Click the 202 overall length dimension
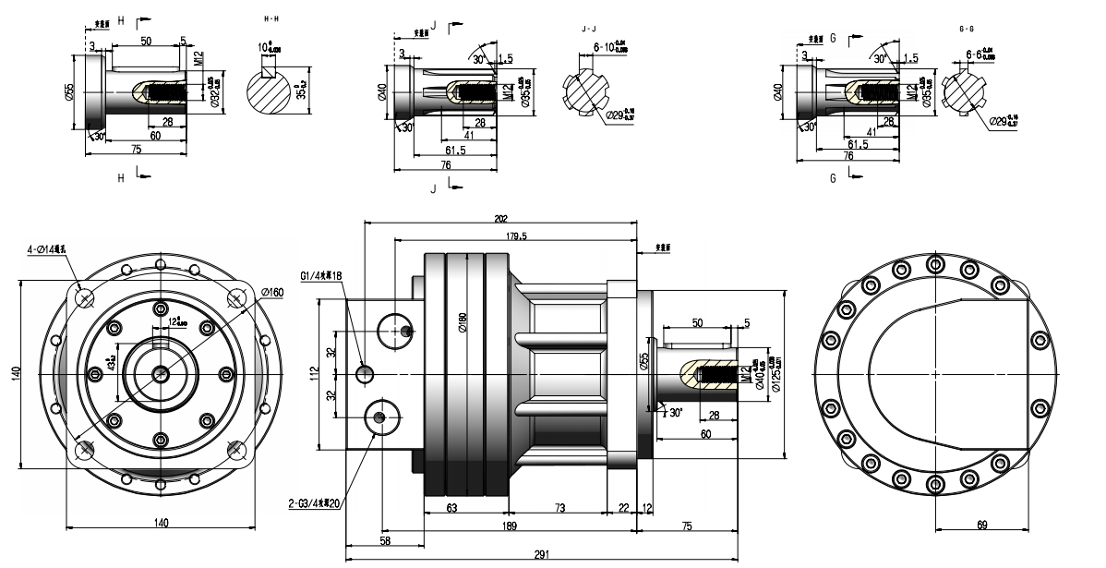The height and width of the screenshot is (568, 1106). (501, 219)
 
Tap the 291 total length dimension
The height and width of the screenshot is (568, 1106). (541, 554)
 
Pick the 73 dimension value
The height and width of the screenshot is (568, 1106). (559, 507)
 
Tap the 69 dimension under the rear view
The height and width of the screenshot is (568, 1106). (982, 525)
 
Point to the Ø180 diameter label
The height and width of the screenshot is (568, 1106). (463, 321)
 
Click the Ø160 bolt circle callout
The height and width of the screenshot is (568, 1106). (271, 293)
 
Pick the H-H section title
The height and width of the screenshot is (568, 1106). (270, 18)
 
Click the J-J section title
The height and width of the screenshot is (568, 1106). (588, 30)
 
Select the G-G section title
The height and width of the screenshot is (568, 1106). (968, 30)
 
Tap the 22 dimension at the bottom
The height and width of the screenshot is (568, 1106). (623, 507)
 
